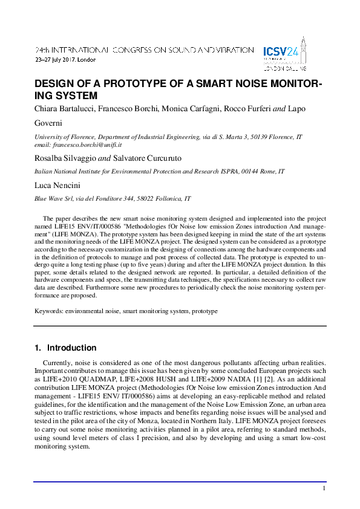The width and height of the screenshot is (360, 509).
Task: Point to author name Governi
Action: (51, 123)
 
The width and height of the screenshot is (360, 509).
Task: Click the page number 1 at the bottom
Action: (324, 488)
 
